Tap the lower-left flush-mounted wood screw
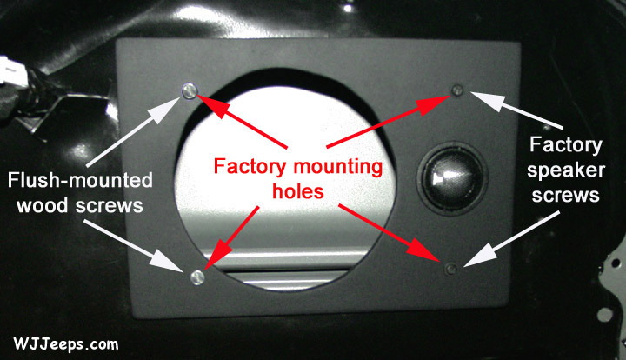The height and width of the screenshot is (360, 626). (x=196, y=277)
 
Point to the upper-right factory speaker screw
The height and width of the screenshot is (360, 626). (x=457, y=90)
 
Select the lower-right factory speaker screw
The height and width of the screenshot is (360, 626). (x=450, y=268)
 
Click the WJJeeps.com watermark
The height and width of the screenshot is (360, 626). (x=66, y=343)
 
